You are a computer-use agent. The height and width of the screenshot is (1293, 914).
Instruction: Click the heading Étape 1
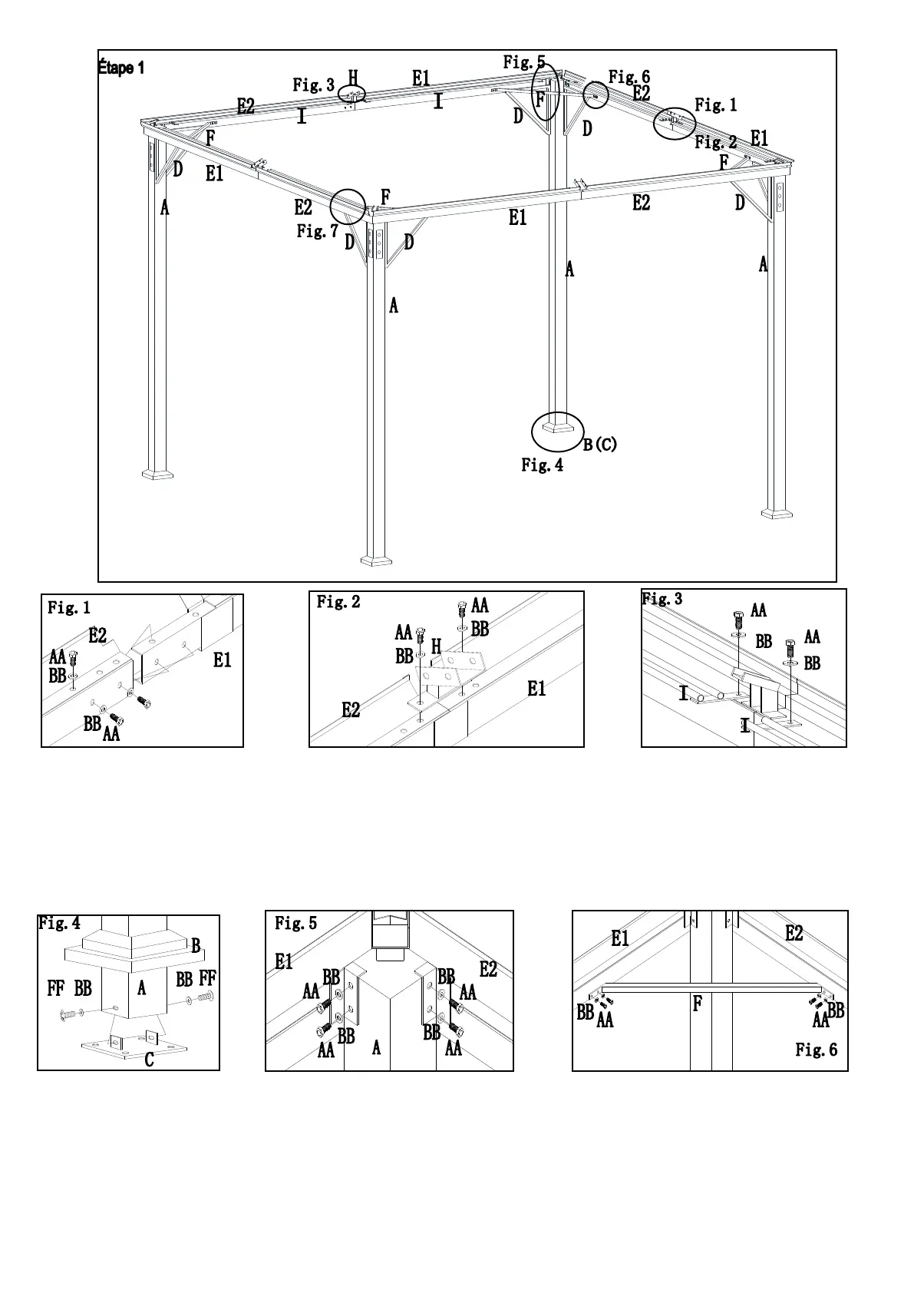[x=121, y=68]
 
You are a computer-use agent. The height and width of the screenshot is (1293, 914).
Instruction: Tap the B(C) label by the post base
[x=599, y=444]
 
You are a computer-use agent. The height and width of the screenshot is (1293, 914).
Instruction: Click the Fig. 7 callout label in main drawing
[x=317, y=230]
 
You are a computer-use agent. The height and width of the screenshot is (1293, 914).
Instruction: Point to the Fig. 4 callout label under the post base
[x=542, y=465]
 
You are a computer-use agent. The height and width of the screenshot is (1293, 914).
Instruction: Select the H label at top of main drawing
[x=353, y=77]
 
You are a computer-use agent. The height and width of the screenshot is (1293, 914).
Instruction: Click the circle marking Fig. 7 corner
[x=348, y=207]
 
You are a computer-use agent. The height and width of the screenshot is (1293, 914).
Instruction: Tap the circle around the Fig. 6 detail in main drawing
[x=596, y=95]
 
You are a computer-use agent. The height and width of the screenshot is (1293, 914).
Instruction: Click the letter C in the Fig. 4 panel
[x=149, y=1060]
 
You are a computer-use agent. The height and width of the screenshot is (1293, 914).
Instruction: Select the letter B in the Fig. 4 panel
[x=196, y=946]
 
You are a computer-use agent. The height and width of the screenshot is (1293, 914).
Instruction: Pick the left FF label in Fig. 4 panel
[x=55, y=988]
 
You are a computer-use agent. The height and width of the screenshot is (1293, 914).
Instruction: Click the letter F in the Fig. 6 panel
[x=698, y=1004]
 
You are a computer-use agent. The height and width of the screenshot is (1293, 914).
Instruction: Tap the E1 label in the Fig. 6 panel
[x=620, y=938]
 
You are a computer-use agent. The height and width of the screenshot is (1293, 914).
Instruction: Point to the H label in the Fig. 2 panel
[x=436, y=647]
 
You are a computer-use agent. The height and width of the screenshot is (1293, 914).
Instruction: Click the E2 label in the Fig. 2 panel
[x=351, y=710]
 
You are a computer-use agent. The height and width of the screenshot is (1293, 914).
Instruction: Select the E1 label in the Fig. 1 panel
[x=222, y=660]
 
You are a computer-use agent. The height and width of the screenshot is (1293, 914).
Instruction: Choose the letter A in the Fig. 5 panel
[x=376, y=1047]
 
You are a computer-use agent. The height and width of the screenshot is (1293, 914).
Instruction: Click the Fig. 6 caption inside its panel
[x=817, y=1050]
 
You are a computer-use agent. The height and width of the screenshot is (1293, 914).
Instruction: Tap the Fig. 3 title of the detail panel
[x=662, y=599]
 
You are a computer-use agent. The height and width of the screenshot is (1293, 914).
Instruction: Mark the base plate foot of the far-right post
[x=777, y=512]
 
